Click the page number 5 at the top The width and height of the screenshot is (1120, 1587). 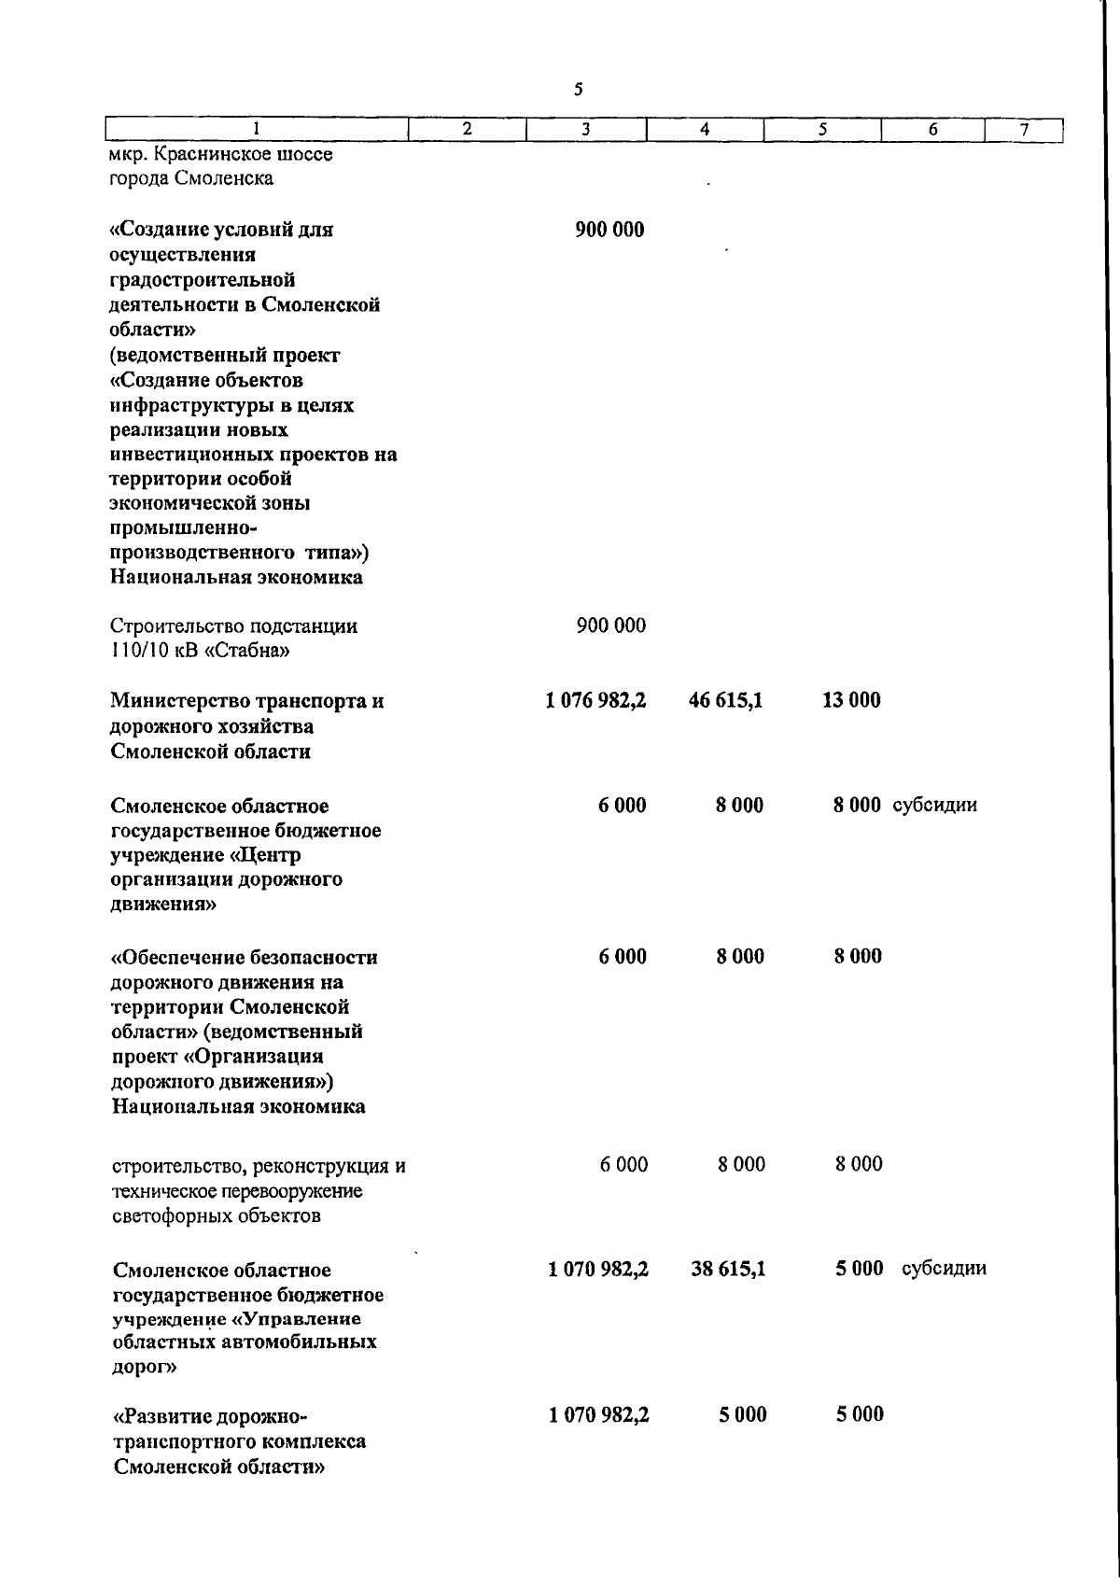point(579,90)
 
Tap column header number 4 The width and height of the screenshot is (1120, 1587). point(705,131)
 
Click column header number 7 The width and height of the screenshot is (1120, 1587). point(1024,131)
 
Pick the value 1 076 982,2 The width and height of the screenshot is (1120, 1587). point(596,700)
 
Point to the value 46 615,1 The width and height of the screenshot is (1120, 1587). point(725,700)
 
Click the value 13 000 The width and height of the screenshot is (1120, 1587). point(850,700)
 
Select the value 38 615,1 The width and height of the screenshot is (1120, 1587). point(728,1269)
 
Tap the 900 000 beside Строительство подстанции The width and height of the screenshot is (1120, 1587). point(610,625)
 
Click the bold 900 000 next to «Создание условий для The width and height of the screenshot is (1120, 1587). point(609,230)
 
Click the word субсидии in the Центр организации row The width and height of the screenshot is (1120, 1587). point(934,805)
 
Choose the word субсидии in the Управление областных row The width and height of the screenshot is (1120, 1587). point(944,1269)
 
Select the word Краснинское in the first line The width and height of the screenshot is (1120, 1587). point(207,153)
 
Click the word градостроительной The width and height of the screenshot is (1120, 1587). point(203,280)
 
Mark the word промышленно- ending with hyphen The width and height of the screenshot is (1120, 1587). point(176,528)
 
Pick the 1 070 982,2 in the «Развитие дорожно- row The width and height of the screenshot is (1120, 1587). point(599,1415)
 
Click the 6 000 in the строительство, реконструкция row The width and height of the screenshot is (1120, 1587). point(623,1164)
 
